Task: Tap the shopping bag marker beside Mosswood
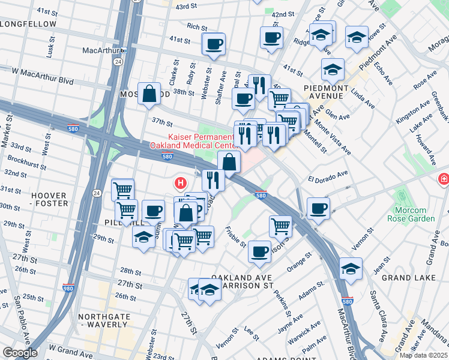pos(149,94)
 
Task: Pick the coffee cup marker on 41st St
pos(214,43)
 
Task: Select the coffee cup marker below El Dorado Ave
pos(318,209)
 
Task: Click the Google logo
pos(20,352)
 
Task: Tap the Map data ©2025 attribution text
pos(423,355)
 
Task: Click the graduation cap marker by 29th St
pos(143,236)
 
